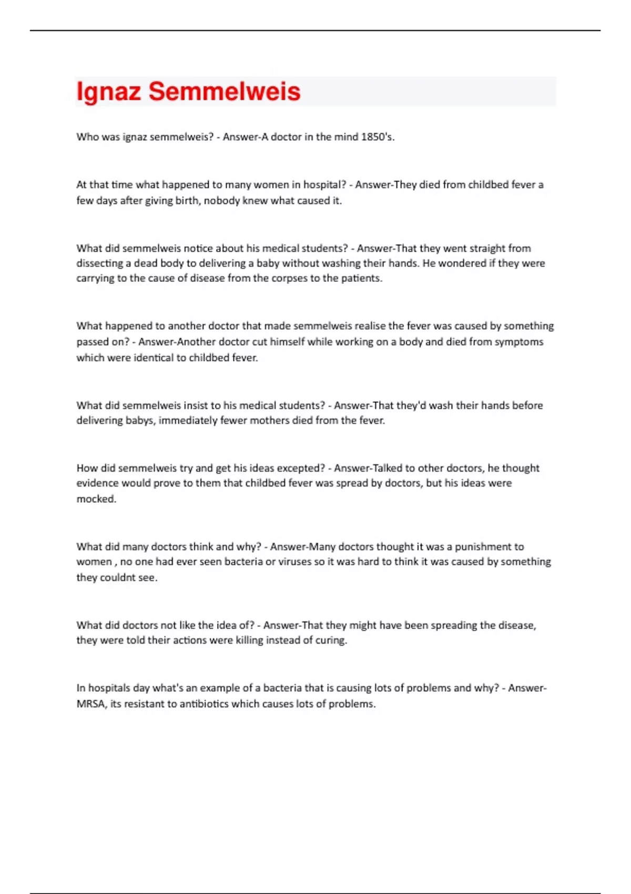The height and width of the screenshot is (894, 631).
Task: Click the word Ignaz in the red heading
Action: pyautogui.click(x=108, y=92)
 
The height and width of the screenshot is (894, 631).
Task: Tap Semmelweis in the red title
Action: pyautogui.click(x=225, y=92)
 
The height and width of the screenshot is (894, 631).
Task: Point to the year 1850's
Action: pyautogui.click(x=378, y=137)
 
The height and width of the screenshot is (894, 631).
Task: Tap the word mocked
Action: pyautogui.click(x=96, y=499)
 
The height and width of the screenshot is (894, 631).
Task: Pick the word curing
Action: pyautogui.click(x=331, y=641)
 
